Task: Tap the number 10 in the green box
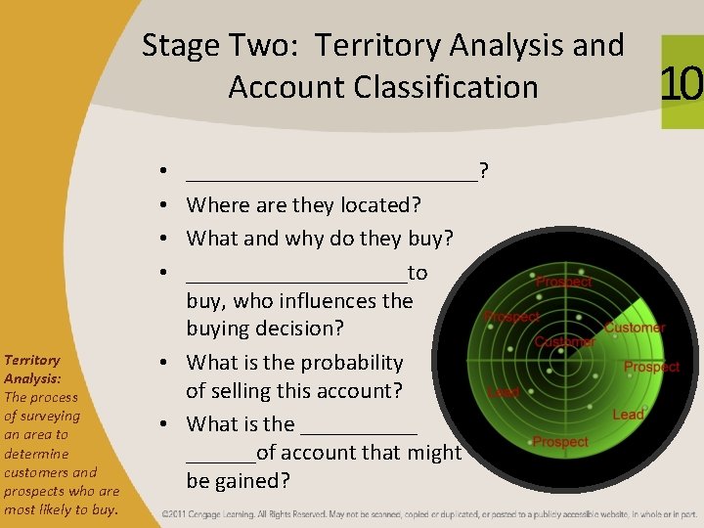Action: point(682,83)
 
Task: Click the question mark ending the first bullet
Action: point(484,173)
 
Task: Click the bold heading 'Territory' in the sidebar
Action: point(32,360)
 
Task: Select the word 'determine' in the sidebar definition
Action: point(36,454)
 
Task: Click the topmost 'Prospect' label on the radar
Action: point(563,282)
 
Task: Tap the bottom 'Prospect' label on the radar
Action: point(560,443)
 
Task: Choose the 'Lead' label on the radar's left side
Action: point(503,391)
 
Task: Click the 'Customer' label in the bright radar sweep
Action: point(635,329)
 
